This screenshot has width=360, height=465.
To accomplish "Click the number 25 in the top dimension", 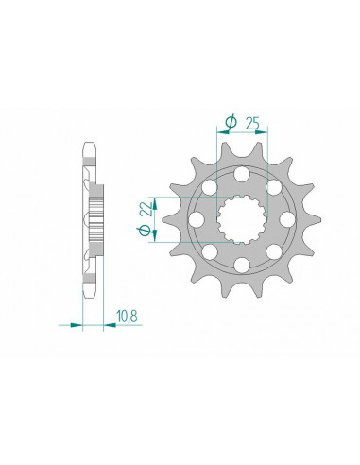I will click(253, 122).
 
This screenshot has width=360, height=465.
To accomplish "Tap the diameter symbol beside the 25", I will click(230, 121).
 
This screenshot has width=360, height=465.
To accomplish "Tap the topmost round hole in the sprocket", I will click(242, 175).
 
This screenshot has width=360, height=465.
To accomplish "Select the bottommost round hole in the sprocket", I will click(242, 264).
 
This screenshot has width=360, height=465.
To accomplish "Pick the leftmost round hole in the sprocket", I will click(197, 219).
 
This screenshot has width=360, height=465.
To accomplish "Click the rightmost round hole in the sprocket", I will click(286, 219).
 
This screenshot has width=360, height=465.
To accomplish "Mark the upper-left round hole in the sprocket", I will click(211, 188).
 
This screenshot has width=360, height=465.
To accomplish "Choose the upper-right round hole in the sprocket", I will click(273, 188).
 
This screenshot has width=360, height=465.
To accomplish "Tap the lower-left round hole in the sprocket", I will click(211, 250).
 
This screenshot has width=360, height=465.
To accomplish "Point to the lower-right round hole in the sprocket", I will click(273, 250).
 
